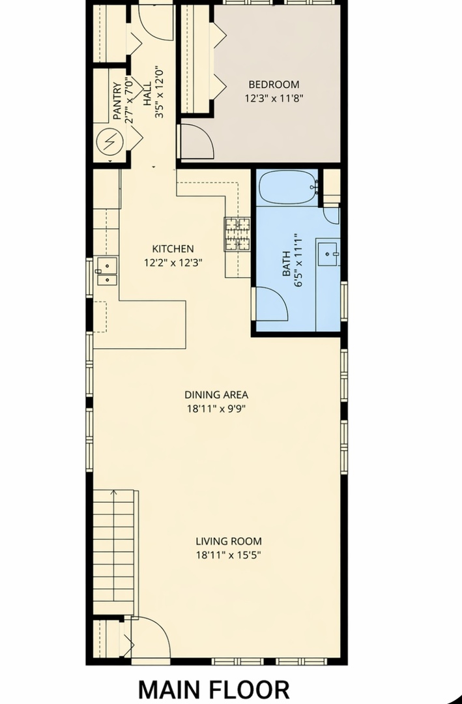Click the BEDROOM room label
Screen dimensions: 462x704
274,84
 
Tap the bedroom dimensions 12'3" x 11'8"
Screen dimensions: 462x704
274,98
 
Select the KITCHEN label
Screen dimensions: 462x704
173,249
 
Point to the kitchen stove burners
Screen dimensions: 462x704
237,234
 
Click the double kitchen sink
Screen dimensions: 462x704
107,271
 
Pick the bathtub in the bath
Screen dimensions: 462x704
288,188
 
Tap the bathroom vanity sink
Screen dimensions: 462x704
328,255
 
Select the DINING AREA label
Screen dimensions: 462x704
216,394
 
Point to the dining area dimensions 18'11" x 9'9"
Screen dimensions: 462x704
216,409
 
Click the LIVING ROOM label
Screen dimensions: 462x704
229,541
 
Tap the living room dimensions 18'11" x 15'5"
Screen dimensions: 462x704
229,555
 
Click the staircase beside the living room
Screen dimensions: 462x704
115,552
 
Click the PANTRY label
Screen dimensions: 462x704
117,101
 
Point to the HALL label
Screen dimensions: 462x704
147,93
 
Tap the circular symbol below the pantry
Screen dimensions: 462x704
109,142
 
